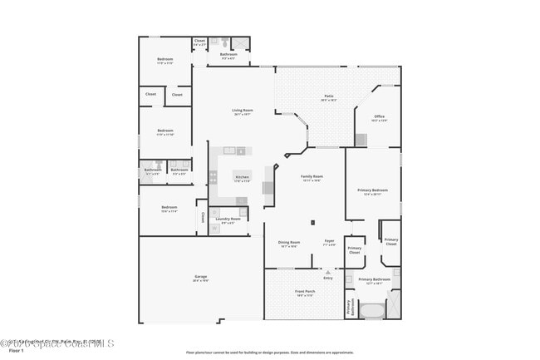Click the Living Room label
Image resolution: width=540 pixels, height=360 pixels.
point(242,111)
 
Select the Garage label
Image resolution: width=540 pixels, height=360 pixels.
point(201,277)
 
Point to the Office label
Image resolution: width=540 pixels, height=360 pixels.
point(379,117)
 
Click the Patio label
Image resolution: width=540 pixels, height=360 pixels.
point(329,97)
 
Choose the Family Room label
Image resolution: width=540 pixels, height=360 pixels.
point(312,178)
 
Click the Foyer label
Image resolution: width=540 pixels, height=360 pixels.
point(329,243)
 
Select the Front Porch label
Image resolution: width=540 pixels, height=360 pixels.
point(305,293)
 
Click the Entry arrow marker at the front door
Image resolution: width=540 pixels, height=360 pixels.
point(328,272)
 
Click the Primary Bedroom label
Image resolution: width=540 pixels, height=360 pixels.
point(371,193)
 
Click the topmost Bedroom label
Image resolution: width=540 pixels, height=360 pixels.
point(165,60)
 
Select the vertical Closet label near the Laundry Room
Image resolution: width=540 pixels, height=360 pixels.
point(202,217)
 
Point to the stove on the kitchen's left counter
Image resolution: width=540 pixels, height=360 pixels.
point(213,176)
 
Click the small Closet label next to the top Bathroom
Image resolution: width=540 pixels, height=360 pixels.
point(199,42)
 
